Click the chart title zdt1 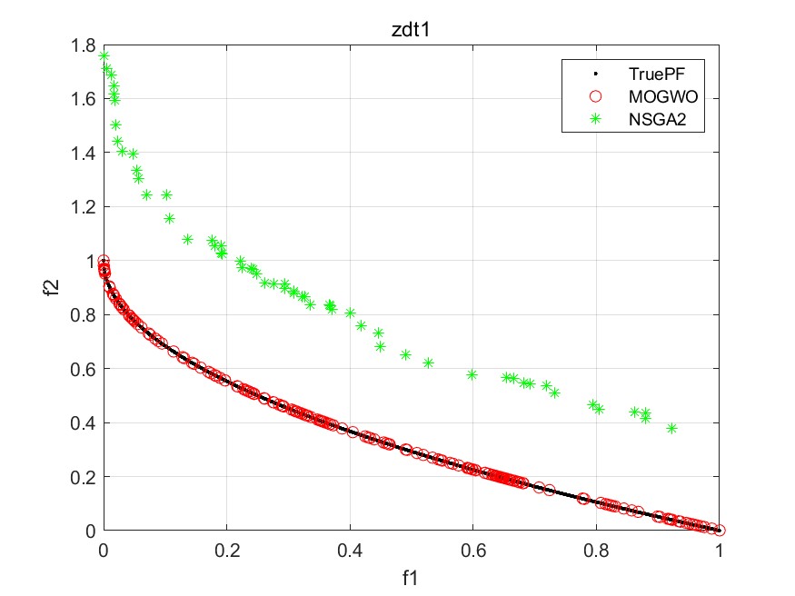(x=411, y=29)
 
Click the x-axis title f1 (x=411, y=576)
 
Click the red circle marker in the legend (x=595, y=97)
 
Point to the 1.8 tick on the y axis (x=87, y=45)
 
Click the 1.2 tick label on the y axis (x=87, y=207)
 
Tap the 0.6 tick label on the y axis (x=87, y=369)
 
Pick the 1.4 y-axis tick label (x=87, y=153)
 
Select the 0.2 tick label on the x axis (x=226, y=550)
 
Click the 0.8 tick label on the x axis (x=596, y=550)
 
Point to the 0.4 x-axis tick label (x=350, y=550)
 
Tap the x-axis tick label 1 (x=720, y=550)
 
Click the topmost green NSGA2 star (x=104, y=56)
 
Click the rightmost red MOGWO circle (x=720, y=531)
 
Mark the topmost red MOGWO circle (x=104, y=262)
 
